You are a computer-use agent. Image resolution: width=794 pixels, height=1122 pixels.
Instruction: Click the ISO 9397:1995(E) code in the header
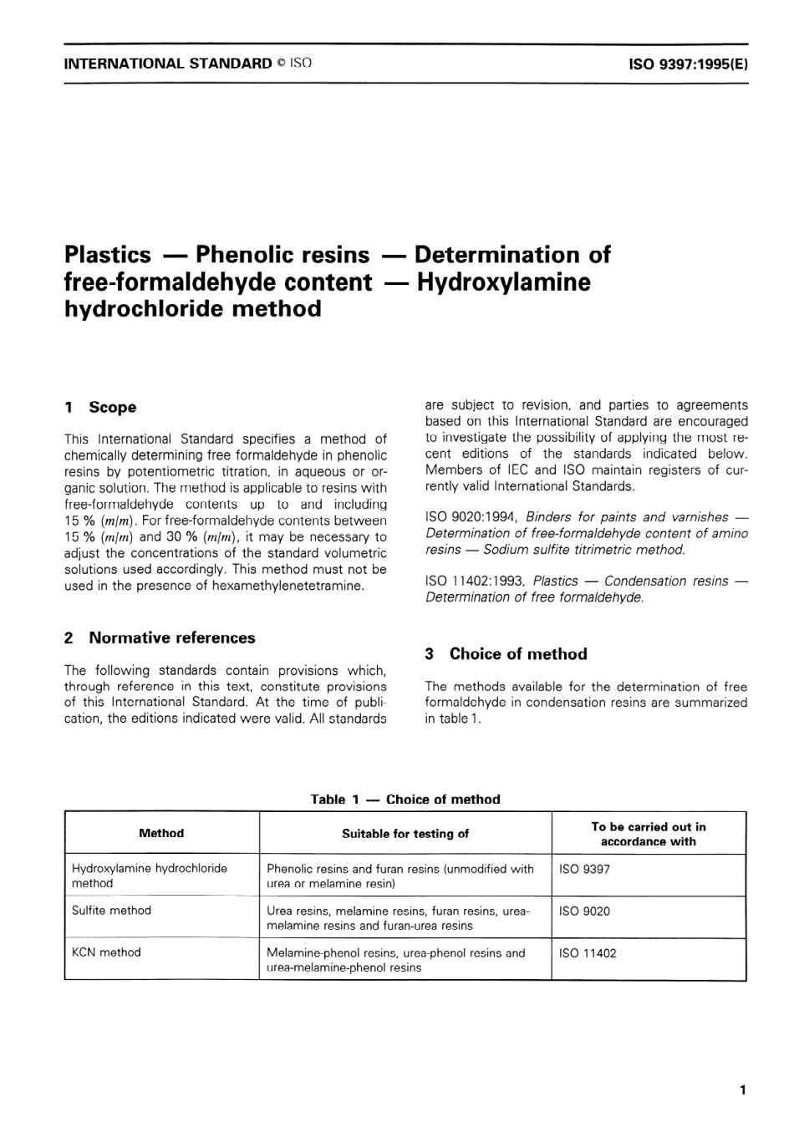click(688, 63)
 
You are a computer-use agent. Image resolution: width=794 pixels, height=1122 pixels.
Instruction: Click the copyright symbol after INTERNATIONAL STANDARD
click(281, 63)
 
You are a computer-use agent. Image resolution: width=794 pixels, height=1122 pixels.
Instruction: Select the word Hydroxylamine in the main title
click(503, 282)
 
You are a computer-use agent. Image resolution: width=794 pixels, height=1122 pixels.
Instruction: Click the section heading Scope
click(112, 407)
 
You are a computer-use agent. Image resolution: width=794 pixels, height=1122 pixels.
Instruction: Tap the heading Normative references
click(171, 637)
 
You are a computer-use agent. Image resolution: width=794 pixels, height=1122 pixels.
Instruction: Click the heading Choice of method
click(517, 653)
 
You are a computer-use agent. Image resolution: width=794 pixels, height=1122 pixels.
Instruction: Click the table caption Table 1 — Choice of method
click(405, 799)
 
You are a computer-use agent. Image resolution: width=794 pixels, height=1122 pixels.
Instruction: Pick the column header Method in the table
click(161, 833)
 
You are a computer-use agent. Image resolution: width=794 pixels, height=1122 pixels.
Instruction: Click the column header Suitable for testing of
click(405, 833)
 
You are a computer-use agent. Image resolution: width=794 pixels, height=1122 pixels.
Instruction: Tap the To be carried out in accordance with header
click(648, 834)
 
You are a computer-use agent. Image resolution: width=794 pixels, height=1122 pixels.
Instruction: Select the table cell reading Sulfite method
click(111, 910)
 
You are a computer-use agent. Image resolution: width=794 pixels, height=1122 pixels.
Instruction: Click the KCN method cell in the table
click(106, 952)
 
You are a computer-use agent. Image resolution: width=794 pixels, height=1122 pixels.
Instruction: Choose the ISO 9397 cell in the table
click(584, 869)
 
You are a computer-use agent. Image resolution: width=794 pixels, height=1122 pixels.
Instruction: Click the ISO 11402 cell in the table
click(588, 952)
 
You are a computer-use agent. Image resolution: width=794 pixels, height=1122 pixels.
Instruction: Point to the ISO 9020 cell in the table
click(584, 911)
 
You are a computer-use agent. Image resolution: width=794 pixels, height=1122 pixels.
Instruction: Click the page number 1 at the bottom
click(743, 1089)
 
